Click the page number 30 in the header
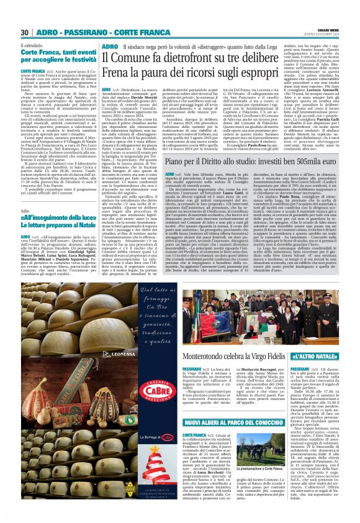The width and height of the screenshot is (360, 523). click(25, 33)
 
